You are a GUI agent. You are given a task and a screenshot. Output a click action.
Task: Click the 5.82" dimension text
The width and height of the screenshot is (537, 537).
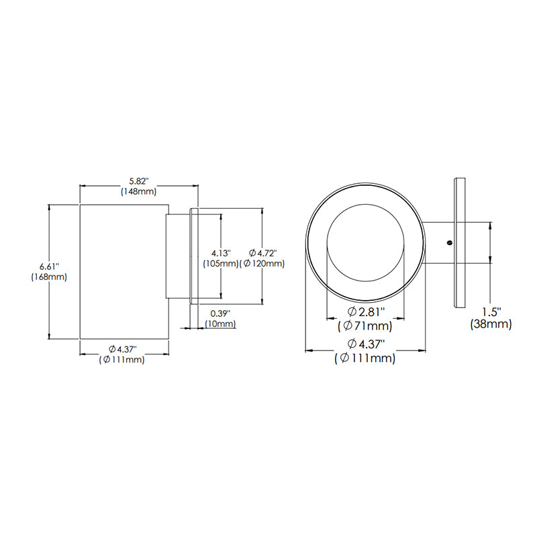[139, 181]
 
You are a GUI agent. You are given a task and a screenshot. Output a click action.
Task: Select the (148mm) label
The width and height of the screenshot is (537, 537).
[139, 191]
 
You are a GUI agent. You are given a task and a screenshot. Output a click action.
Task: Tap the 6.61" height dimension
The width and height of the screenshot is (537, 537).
[49, 266]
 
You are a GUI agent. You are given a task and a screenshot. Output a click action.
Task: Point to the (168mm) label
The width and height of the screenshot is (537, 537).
[49, 277]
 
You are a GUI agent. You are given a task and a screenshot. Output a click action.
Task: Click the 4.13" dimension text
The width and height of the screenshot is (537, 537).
[221, 254]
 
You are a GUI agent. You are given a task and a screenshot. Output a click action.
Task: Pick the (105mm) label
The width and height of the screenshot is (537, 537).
[221, 264]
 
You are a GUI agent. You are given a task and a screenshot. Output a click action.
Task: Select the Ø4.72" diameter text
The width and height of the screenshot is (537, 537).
[262, 253]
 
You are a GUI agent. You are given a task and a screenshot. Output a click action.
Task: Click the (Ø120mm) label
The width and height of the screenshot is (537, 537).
[262, 264]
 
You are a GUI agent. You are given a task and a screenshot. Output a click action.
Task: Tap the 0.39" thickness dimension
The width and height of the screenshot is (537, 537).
[220, 313]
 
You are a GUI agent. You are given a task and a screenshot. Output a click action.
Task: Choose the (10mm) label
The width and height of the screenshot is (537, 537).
[220, 324]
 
